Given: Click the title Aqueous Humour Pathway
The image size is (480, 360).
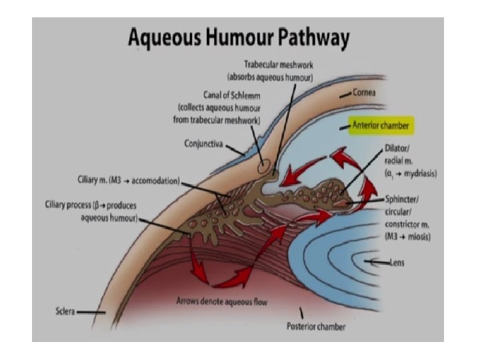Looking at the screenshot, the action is point(239,38).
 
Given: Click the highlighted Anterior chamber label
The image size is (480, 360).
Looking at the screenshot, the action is point(377,125).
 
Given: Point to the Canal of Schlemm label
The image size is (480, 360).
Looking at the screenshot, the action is point(217,95).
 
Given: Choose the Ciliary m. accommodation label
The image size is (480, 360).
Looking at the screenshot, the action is point(125,181).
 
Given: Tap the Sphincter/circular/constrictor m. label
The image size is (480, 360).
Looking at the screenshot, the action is point(408,217).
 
